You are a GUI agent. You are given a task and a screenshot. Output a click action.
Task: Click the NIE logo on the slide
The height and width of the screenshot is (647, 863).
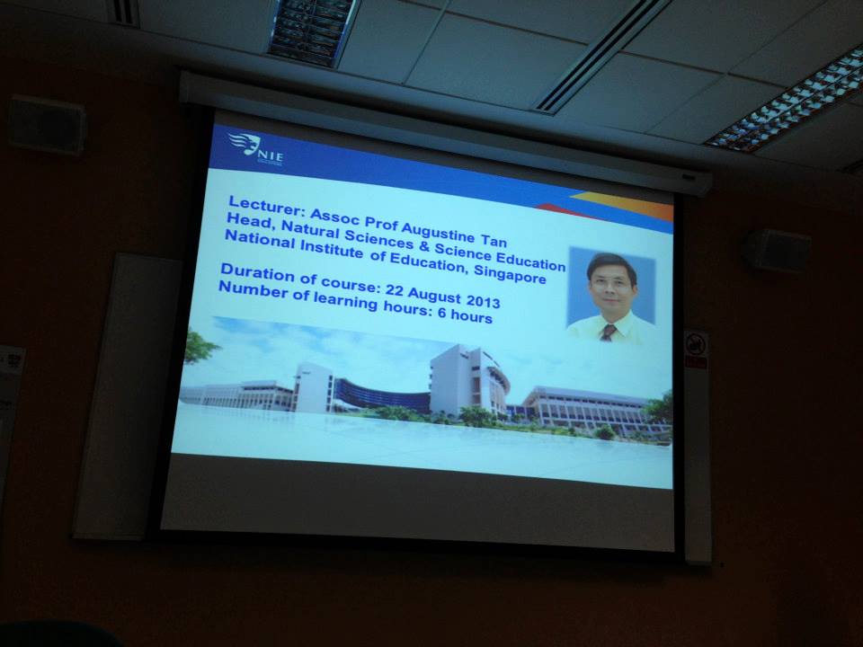click(x=256, y=148)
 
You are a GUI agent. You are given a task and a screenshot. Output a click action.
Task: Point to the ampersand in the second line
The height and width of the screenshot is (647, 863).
click(x=423, y=245)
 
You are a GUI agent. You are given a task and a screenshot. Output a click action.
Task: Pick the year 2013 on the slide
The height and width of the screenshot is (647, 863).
click(x=483, y=300)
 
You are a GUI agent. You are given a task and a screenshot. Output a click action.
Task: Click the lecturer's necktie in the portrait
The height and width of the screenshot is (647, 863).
click(x=608, y=332)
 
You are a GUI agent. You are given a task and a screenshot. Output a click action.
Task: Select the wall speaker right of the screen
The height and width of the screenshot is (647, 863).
click(x=778, y=251)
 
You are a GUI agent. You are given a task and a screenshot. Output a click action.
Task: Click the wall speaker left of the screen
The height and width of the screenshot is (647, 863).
click(x=47, y=124)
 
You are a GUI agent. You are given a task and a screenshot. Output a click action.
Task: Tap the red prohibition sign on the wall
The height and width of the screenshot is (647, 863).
click(x=695, y=345)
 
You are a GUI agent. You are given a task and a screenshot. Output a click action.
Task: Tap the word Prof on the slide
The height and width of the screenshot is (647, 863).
click(x=381, y=223)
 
